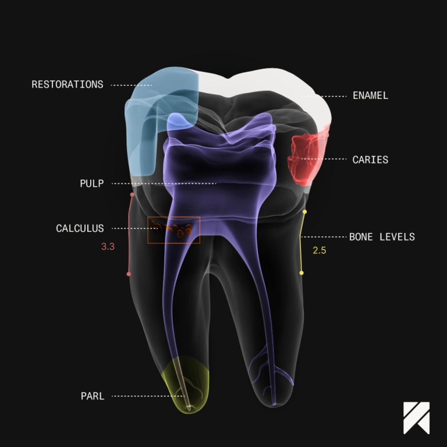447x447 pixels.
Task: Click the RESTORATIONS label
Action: [68, 84]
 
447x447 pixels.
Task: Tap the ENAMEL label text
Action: [370, 95]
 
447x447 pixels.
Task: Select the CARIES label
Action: [370, 159]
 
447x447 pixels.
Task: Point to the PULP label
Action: [92, 183]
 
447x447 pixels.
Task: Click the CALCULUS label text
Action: [80, 228]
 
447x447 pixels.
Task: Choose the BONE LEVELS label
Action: [382, 237]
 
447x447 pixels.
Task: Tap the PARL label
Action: [93, 396]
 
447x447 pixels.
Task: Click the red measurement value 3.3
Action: [108, 247]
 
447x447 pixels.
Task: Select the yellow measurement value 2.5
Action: [320, 250]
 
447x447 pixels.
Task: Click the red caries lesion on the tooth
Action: [307, 158]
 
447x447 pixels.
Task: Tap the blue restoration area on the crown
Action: [154, 114]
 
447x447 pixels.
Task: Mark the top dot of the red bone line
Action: [132, 194]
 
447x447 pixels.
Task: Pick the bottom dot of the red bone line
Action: [129, 274]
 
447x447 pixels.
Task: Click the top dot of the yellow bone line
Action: [305, 212]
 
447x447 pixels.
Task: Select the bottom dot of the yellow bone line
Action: [301, 273]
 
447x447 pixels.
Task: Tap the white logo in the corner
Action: [416, 418]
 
